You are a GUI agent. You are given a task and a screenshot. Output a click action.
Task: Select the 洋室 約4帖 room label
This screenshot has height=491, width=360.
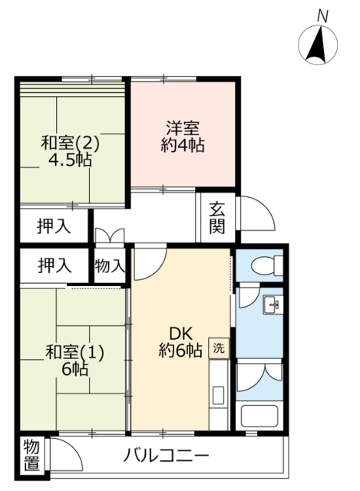[181, 136]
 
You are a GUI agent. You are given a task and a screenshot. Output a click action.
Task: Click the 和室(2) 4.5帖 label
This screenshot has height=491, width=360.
[71, 151]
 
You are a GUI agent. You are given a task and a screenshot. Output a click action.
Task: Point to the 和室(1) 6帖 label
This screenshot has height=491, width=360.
[74, 361]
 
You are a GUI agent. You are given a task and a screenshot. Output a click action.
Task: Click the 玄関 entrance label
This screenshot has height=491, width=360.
[217, 216]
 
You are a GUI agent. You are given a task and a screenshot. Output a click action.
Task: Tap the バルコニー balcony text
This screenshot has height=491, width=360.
[167, 456]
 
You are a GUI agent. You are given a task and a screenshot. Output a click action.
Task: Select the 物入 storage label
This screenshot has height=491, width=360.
[111, 266]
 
